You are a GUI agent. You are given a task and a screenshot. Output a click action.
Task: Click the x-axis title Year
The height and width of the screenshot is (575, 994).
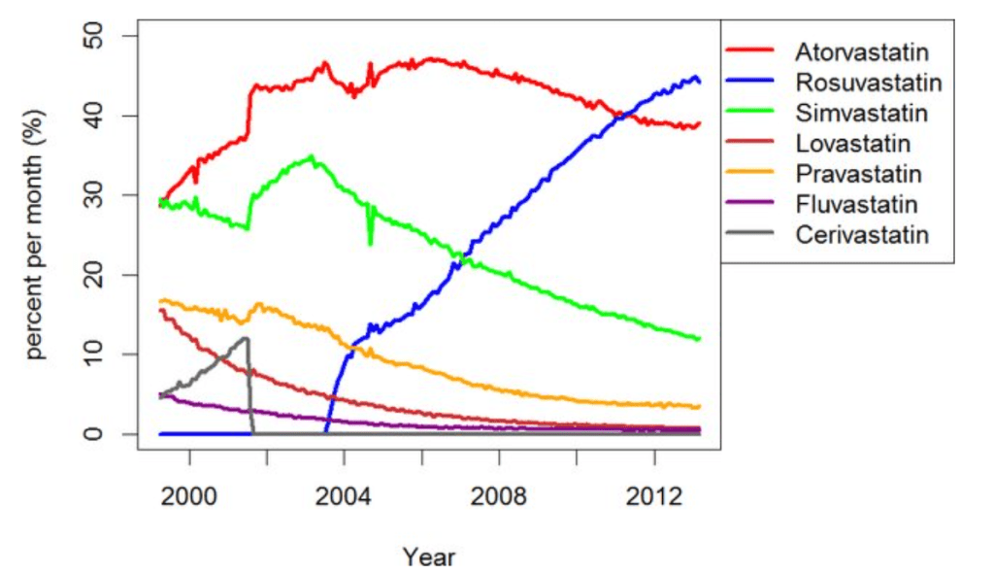click(429, 557)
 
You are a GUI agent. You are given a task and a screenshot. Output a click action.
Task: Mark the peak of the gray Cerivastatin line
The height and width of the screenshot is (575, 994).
click(246, 338)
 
